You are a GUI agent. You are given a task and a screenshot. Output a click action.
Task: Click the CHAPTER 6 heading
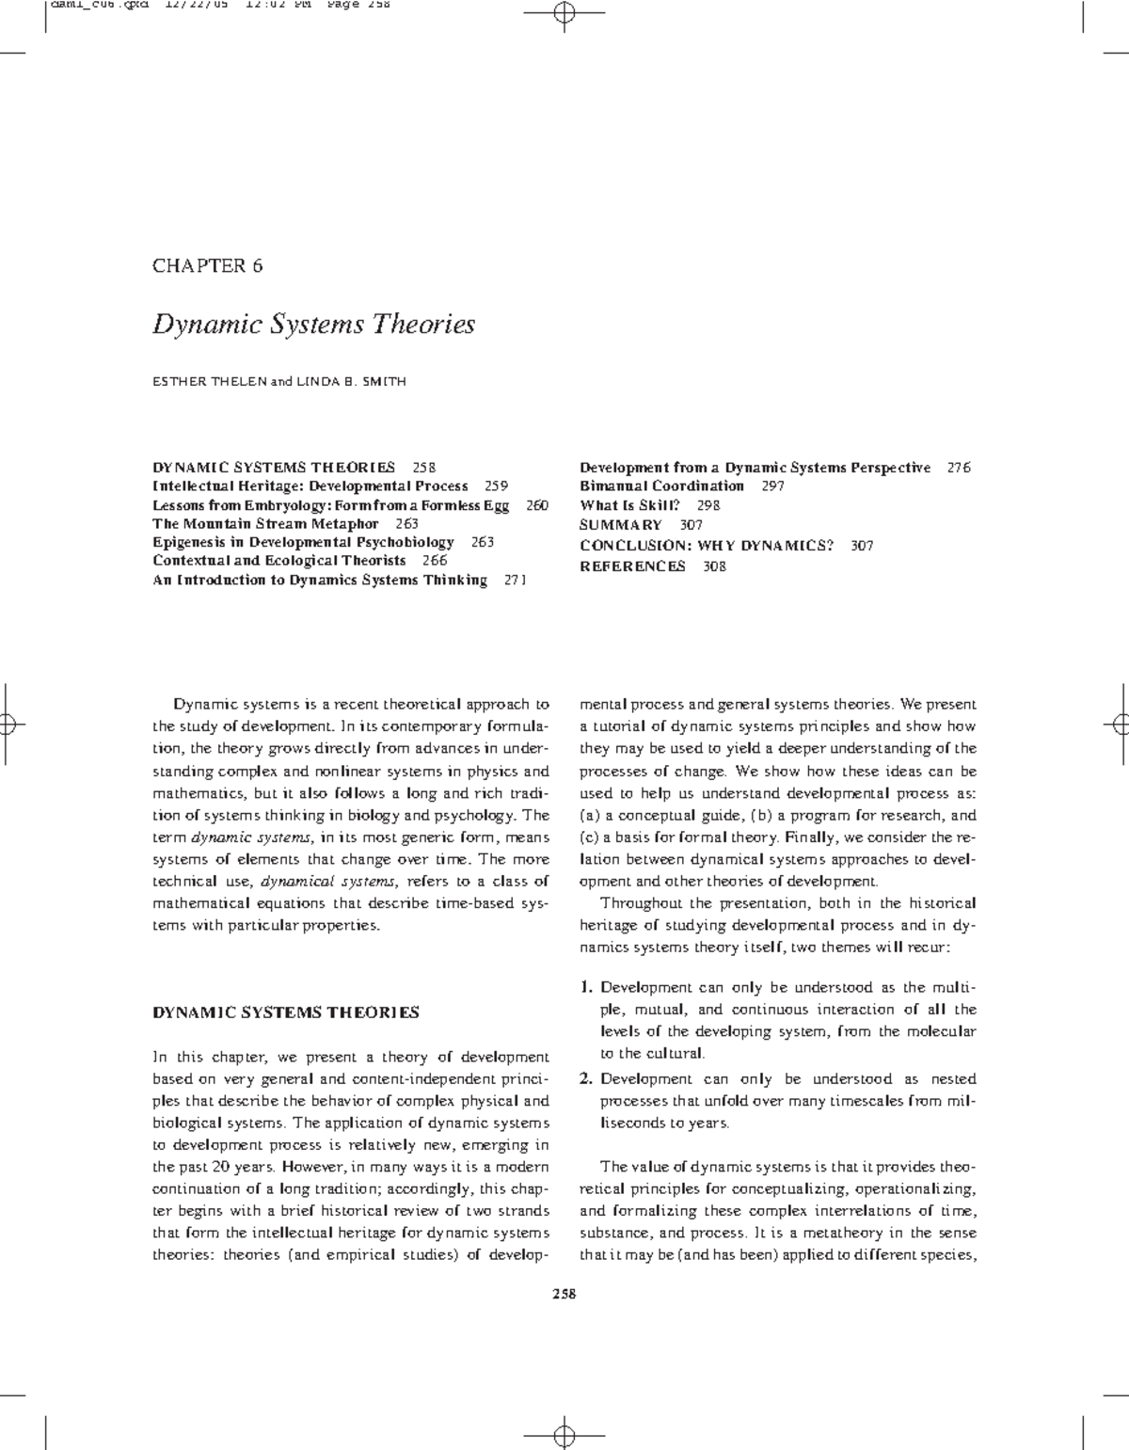pos(208,265)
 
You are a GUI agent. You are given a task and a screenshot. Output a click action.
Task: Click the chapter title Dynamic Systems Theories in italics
pos(314,325)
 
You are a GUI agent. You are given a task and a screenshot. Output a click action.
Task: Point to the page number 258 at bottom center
pos(564,1294)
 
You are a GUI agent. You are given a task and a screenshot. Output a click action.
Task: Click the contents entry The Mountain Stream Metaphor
pos(265,523)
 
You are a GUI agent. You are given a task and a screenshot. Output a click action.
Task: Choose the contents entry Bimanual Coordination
pos(661,486)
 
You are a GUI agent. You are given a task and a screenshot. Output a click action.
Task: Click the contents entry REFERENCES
pos(632,566)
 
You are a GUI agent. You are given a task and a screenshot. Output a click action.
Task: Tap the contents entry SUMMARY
pos(621,525)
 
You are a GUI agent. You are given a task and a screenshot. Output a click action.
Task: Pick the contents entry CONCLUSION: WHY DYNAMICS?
pos(707,546)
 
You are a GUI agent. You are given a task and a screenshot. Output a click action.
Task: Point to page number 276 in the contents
pos(959,468)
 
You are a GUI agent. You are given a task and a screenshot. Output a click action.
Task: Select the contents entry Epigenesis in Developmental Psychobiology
pos(303,542)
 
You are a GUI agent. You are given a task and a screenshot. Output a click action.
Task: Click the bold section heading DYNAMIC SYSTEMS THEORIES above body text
pos(286,1012)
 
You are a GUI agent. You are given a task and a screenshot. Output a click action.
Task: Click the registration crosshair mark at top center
pos(564,14)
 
